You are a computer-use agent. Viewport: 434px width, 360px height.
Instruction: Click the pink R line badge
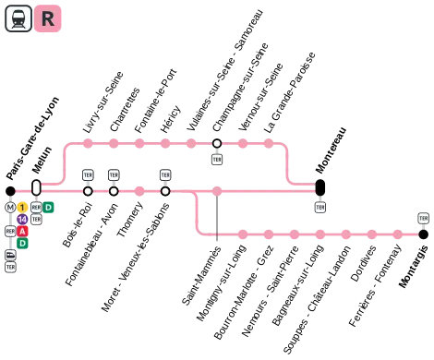click(x=47, y=18)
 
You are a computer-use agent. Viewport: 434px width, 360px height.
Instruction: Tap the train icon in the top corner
click(x=18, y=18)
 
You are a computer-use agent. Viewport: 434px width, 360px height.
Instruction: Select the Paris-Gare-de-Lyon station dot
click(x=10, y=191)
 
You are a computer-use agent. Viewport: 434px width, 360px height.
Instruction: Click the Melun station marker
click(x=36, y=187)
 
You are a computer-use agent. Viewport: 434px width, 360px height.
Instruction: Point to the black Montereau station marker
click(x=320, y=187)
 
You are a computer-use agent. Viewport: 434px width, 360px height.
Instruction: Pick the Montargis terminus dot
click(x=424, y=234)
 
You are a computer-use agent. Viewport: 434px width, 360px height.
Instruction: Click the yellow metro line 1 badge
click(x=22, y=208)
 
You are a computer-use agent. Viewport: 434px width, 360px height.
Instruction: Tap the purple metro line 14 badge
click(x=22, y=220)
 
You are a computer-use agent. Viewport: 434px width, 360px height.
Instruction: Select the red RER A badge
click(x=22, y=232)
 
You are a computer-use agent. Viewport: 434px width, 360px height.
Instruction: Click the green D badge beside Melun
click(x=48, y=208)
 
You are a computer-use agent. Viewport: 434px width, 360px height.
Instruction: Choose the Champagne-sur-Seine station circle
click(x=217, y=143)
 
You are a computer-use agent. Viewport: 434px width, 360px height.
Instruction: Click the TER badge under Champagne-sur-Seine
click(x=217, y=160)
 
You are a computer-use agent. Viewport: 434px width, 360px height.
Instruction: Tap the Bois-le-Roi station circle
click(x=88, y=191)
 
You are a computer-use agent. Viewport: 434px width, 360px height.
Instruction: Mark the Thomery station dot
click(x=139, y=191)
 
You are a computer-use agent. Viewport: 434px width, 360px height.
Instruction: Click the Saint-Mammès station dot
click(x=217, y=191)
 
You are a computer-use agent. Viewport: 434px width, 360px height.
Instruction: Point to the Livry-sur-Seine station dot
click(x=88, y=143)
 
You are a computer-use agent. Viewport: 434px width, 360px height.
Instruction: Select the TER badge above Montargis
click(x=424, y=218)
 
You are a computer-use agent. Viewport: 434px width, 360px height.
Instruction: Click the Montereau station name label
click(x=332, y=150)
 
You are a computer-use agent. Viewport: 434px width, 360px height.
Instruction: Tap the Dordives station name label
click(x=363, y=263)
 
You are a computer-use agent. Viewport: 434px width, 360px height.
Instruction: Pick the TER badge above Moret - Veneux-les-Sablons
click(x=165, y=175)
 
